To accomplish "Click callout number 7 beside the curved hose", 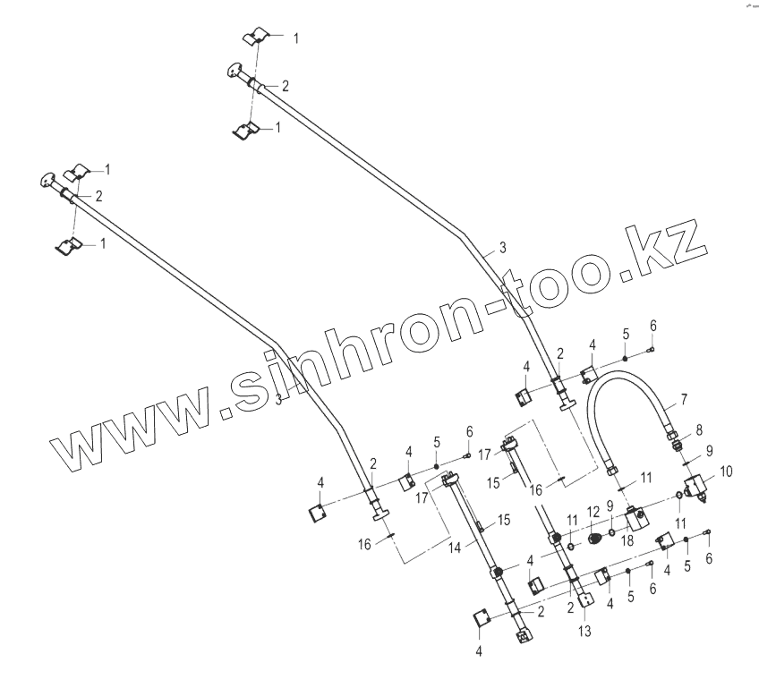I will (x=683, y=398).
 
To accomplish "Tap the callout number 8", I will (x=698, y=429).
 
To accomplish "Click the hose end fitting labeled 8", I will (x=677, y=438).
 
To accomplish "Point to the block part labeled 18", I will (x=637, y=518).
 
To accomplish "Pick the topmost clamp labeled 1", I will (x=257, y=38).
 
